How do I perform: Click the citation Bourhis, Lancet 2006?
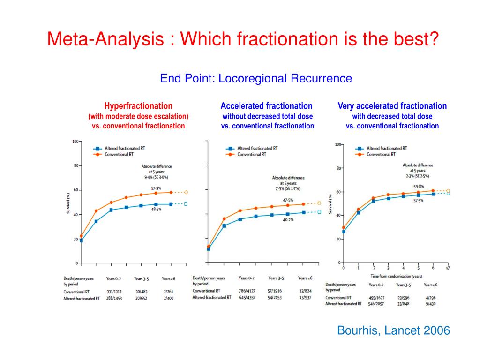[x=393, y=330]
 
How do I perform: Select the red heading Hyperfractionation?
[x=138, y=106]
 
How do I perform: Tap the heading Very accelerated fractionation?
[x=392, y=106]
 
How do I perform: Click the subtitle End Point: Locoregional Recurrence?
[x=256, y=78]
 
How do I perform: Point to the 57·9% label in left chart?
[x=156, y=188]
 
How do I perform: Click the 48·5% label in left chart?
[x=156, y=209]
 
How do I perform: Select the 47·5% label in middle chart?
[x=288, y=200]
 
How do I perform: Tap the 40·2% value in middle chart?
[x=288, y=219]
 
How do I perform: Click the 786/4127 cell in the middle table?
[x=247, y=291]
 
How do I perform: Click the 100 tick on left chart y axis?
[x=75, y=141]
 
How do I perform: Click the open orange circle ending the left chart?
[x=186, y=192]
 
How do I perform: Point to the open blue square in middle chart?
[x=319, y=212]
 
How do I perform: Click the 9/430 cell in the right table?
[x=430, y=304]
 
